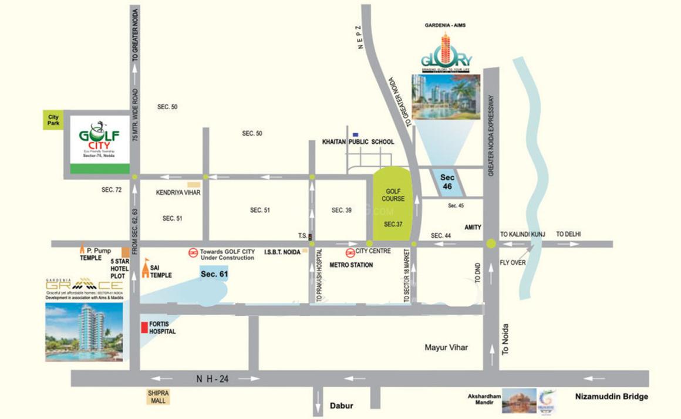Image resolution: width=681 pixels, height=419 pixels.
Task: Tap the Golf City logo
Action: [99, 138]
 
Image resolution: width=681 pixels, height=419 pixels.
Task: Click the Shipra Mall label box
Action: [157, 397]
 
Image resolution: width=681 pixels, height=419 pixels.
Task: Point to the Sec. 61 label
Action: [214, 274]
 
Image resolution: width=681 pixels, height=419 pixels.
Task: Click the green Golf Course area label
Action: [394, 195]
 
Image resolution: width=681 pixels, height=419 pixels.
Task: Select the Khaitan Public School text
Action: [358, 142]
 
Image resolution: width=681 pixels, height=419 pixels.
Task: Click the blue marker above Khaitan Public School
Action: [355, 134]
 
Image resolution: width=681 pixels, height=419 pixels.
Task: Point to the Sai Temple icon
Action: [147, 269]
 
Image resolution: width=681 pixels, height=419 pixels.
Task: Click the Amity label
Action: [473, 227]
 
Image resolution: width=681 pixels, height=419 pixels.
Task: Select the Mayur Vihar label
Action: [447, 347]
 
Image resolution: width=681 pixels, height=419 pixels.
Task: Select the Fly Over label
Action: [513, 262]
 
